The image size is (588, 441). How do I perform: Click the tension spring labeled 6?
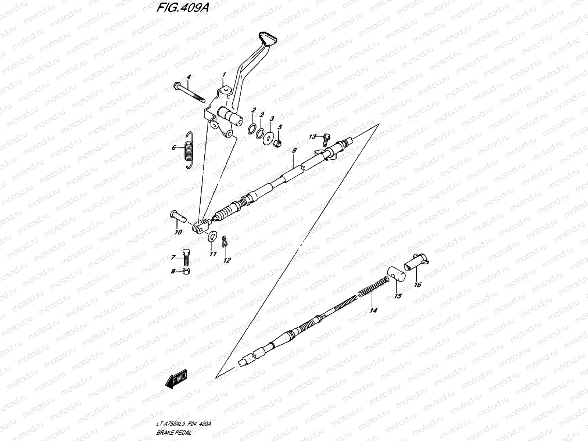click(x=189, y=150)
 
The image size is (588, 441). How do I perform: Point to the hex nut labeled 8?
click(x=186, y=272)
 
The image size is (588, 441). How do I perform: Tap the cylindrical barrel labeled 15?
click(x=395, y=274)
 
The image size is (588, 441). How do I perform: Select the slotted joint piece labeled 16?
click(x=416, y=261)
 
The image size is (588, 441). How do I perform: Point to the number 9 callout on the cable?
click(x=294, y=150)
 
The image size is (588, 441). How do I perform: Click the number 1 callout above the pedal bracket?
click(x=223, y=75)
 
